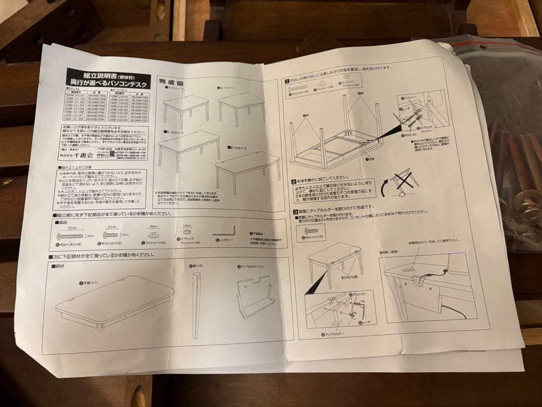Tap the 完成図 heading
(x=171, y=81)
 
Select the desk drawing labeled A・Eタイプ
(x=185, y=108)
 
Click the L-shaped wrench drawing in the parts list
(x=224, y=233)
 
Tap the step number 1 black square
(x=287, y=79)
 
